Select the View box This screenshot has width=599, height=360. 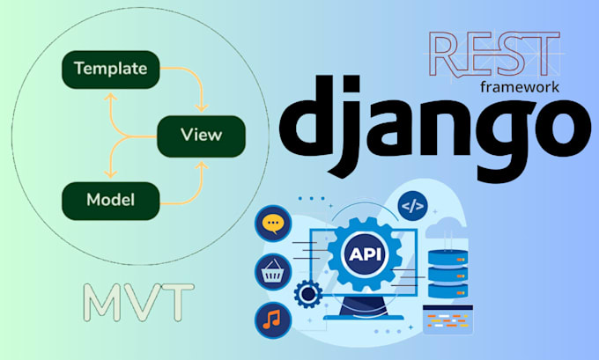(201, 135)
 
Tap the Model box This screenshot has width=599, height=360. (110, 200)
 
